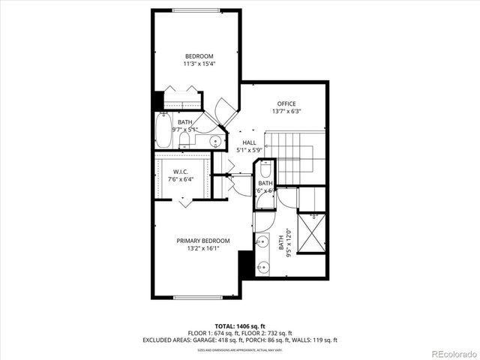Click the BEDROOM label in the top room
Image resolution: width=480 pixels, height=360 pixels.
pos(199,56)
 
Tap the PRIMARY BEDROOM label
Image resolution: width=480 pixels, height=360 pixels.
pos(203,241)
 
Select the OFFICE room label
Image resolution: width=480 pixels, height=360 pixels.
pos(286,103)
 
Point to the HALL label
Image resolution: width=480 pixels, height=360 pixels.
pos(249,142)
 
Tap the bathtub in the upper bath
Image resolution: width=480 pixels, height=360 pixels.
pos(163,130)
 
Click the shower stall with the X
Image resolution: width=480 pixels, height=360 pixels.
pos(313,235)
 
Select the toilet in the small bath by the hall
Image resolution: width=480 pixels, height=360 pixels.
pos(265,170)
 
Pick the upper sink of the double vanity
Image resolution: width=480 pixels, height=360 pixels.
pos(262,241)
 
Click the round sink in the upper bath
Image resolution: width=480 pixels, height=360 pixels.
pos(215,140)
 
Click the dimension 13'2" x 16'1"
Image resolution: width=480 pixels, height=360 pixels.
pos(203,249)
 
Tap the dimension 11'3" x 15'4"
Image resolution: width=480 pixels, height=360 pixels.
pos(199,64)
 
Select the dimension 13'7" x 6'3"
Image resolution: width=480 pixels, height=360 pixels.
pos(286,112)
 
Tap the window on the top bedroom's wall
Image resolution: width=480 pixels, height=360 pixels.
pos(197,10)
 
